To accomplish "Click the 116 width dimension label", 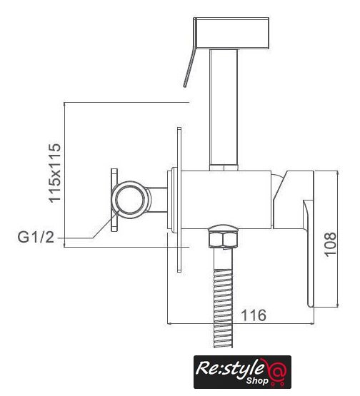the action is pyautogui.click(x=254, y=315).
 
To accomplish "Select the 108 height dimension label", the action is pyautogui.click(x=330, y=244).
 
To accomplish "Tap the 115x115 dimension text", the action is pyautogui.click(x=55, y=173).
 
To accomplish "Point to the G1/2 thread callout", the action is pyautogui.click(x=36, y=238).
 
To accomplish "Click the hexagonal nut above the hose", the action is pyautogui.click(x=224, y=236).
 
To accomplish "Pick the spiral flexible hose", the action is pyautogui.click(x=223, y=309).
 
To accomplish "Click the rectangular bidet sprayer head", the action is pyautogui.click(x=231, y=33).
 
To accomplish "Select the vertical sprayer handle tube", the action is pyautogui.click(x=224, y=107).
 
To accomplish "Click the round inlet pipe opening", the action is pyautogui.click(x=131, y=200).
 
